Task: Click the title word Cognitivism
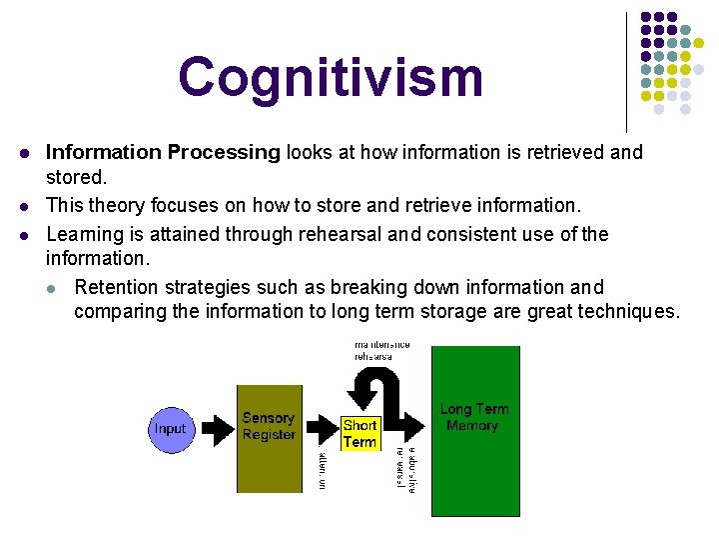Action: click(331, 78)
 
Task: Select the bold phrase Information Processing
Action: click(163, 153)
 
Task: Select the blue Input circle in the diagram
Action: click(170, 429)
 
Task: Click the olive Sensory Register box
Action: click(269, 438)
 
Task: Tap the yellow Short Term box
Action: click(359, 433)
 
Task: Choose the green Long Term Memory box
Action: click(474, 430)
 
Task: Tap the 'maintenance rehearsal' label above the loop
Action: click(381, 350)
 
